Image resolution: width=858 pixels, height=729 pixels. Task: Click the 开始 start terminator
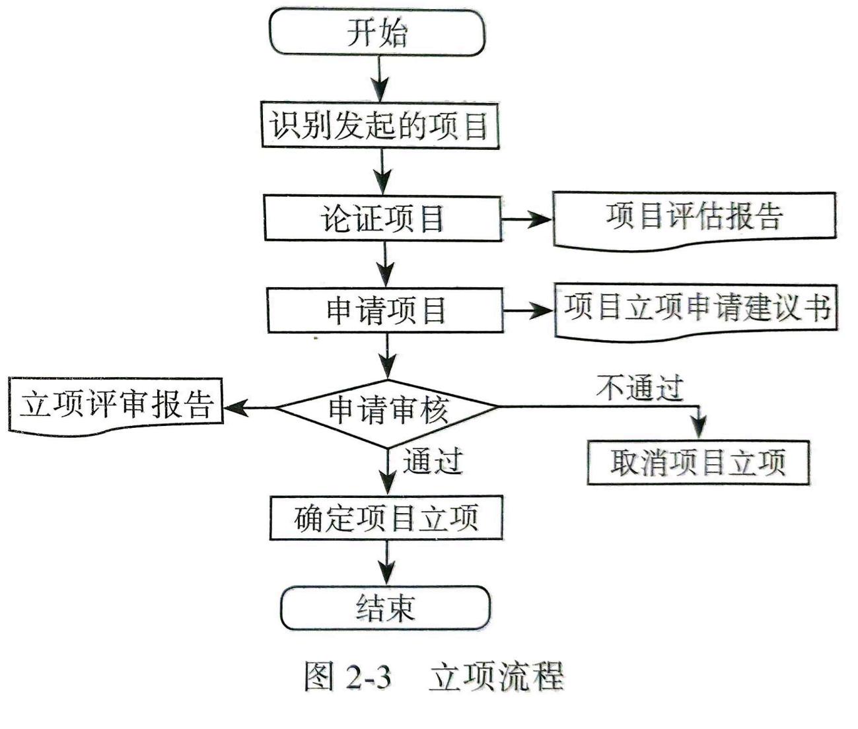tap(376, 32)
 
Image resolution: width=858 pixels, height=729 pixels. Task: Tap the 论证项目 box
tap(382, 217)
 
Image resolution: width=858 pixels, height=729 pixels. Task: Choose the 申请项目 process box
tap(385, 310)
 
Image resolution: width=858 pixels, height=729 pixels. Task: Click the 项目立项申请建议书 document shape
tap(696, 308)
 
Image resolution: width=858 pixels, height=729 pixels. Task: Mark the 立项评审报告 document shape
tap(116, 404)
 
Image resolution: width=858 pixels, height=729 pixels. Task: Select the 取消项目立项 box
tap(697, 462)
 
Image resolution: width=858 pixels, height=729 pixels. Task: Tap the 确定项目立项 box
tap(386, 518)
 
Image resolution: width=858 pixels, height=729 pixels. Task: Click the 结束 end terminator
tap(386, 607)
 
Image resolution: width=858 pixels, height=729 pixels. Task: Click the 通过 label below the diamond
tap(433, 460)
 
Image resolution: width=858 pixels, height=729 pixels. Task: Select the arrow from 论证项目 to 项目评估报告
tap(526, 219)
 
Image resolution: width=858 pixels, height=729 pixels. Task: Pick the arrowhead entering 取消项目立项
tap(699, 428)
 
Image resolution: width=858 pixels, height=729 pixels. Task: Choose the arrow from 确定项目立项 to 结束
tap(386, 563)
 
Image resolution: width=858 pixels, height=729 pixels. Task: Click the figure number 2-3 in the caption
tap(367, 677)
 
